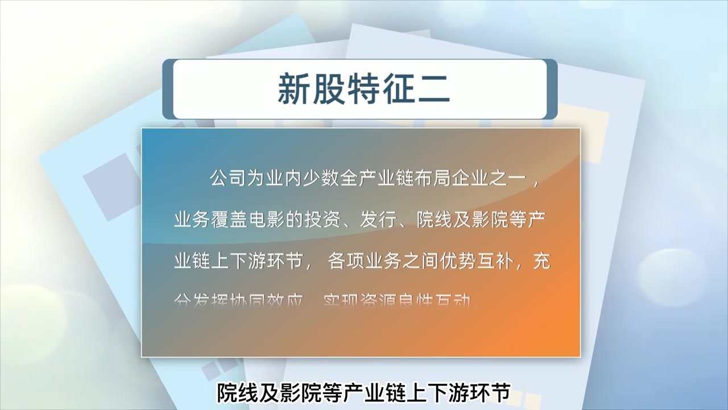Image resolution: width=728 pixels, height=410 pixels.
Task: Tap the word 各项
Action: pyautogui.click(x=345, y=262)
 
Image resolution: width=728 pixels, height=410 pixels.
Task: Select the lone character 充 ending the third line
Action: pyautogui.click(x=543, y=262)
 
